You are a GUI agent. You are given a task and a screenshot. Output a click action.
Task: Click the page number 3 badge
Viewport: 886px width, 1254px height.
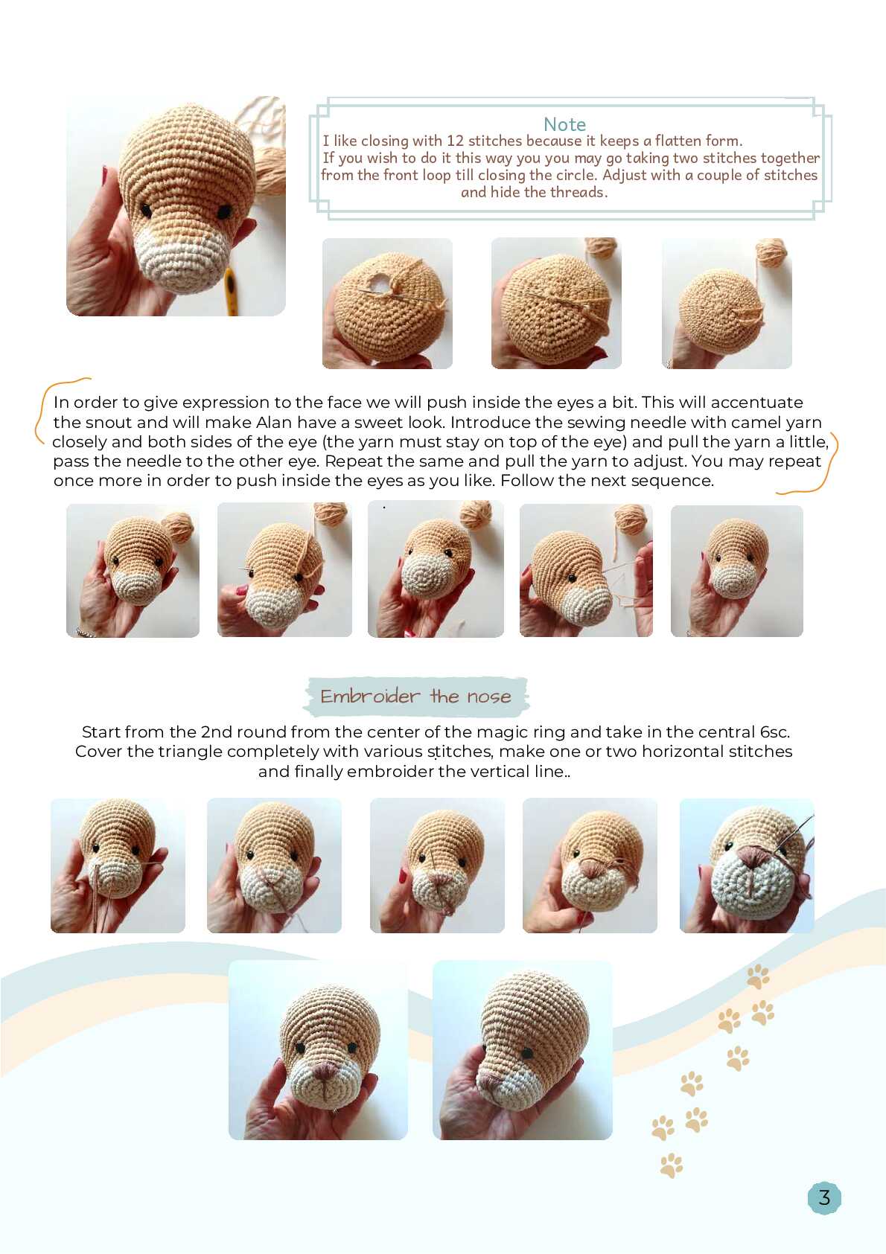tap(824, 1197)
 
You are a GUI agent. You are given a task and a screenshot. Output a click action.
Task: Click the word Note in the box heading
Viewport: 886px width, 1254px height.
tap(564, 124)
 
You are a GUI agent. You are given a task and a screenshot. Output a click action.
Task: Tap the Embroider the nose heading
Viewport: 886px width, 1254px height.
tap(415, 697)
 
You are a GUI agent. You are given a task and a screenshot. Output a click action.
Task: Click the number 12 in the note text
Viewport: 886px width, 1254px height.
tap(455, 141)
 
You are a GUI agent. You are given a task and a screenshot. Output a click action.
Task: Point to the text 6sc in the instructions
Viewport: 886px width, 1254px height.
tap(774, 732)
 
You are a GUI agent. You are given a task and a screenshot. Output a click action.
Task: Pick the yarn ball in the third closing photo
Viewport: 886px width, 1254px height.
tap(771, 253)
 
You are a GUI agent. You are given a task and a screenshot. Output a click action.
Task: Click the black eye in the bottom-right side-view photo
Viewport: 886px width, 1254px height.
tap(528, 1053)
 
